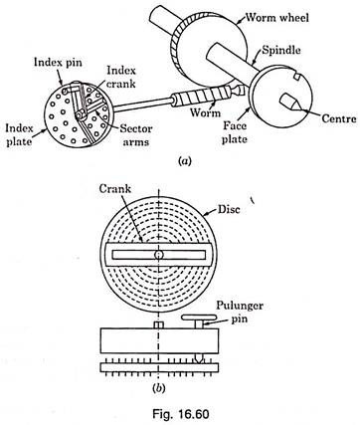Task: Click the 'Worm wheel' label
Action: point(276,17)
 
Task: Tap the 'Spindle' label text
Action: point(281,50)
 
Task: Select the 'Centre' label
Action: point(339,118)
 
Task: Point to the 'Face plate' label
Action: point(235,132)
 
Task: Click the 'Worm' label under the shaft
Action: point(205,112)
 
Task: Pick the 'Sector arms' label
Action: point(136,135)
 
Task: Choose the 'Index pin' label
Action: point(58,63)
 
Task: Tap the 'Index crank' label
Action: point(121,77)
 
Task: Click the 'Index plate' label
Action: point(19,134)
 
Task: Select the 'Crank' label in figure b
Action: point(115,189)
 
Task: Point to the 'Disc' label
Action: point(229,209)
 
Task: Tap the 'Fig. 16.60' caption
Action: point(181,414)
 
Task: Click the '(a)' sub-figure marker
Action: point(185,161)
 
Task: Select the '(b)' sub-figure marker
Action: point(158,388)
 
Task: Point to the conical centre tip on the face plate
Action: point(292,103)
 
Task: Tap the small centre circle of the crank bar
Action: point(159,255)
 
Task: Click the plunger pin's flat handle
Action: point(199,318)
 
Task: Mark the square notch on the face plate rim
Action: point(297,77)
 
